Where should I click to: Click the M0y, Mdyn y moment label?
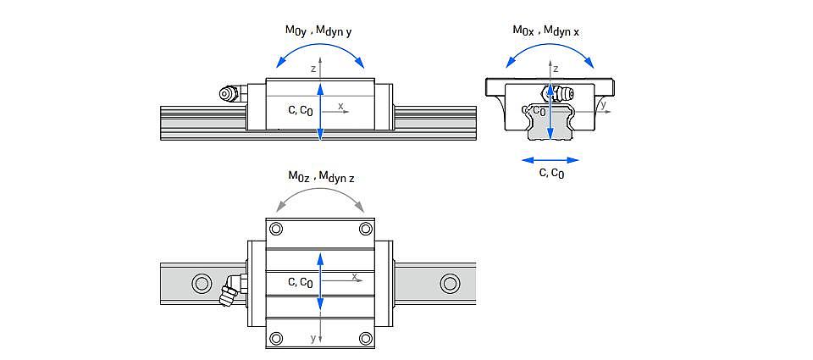[x=319, y=31]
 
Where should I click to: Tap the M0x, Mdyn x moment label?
[x=547, y=31]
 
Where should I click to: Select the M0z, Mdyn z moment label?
[x=322, y=177]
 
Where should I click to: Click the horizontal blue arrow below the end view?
[x=550, y=160]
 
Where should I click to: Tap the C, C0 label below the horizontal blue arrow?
[x=551, y=174]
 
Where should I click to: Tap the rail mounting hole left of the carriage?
[x=201, y=283]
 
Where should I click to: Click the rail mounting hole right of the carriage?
[x=449, y=283]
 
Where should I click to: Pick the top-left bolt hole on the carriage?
[x=276, y=229]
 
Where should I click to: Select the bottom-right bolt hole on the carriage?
[x=366, y=338]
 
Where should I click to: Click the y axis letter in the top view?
[x=312, y=339]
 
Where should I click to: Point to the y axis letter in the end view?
[x=604, y=105]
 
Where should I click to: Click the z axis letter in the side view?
[x=313, y=68]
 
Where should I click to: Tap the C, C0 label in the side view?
[x=300, y=111]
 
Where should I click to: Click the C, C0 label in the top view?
[x=300, y=283]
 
